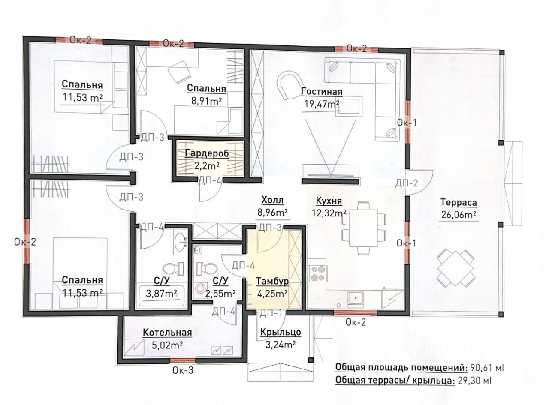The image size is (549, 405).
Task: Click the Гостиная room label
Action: tap(322, 92)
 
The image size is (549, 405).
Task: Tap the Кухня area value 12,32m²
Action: tap(329, 213)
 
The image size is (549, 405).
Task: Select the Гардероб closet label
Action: tap(207, 153)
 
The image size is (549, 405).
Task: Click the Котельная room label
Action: tap(167, 333)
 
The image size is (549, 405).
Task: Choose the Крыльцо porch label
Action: tap(281, 332)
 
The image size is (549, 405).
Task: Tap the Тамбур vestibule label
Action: tap(272, 281)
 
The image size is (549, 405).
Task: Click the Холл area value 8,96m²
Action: tap(272, 213)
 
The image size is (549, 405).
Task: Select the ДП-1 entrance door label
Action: tap(271, 313)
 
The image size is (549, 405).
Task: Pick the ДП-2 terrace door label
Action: tap(407, 183)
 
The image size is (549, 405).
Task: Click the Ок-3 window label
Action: tap(183, 370)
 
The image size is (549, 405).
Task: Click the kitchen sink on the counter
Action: tap(356, 298)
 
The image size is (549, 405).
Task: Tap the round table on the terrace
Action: tap(455, 268)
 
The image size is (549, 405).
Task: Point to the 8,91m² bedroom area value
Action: tap(206, 101)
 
